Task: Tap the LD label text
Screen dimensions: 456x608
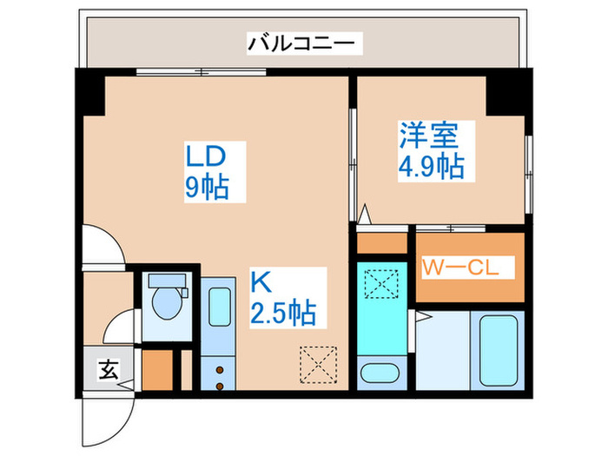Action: tap(207, 157)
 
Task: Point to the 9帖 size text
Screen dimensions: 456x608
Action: tap(207, 188)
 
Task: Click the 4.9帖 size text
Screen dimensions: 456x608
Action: tap(430, 166)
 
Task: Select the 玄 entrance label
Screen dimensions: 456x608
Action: tap(107, 370)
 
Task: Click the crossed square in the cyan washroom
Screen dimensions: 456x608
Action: tap(380, 284)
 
